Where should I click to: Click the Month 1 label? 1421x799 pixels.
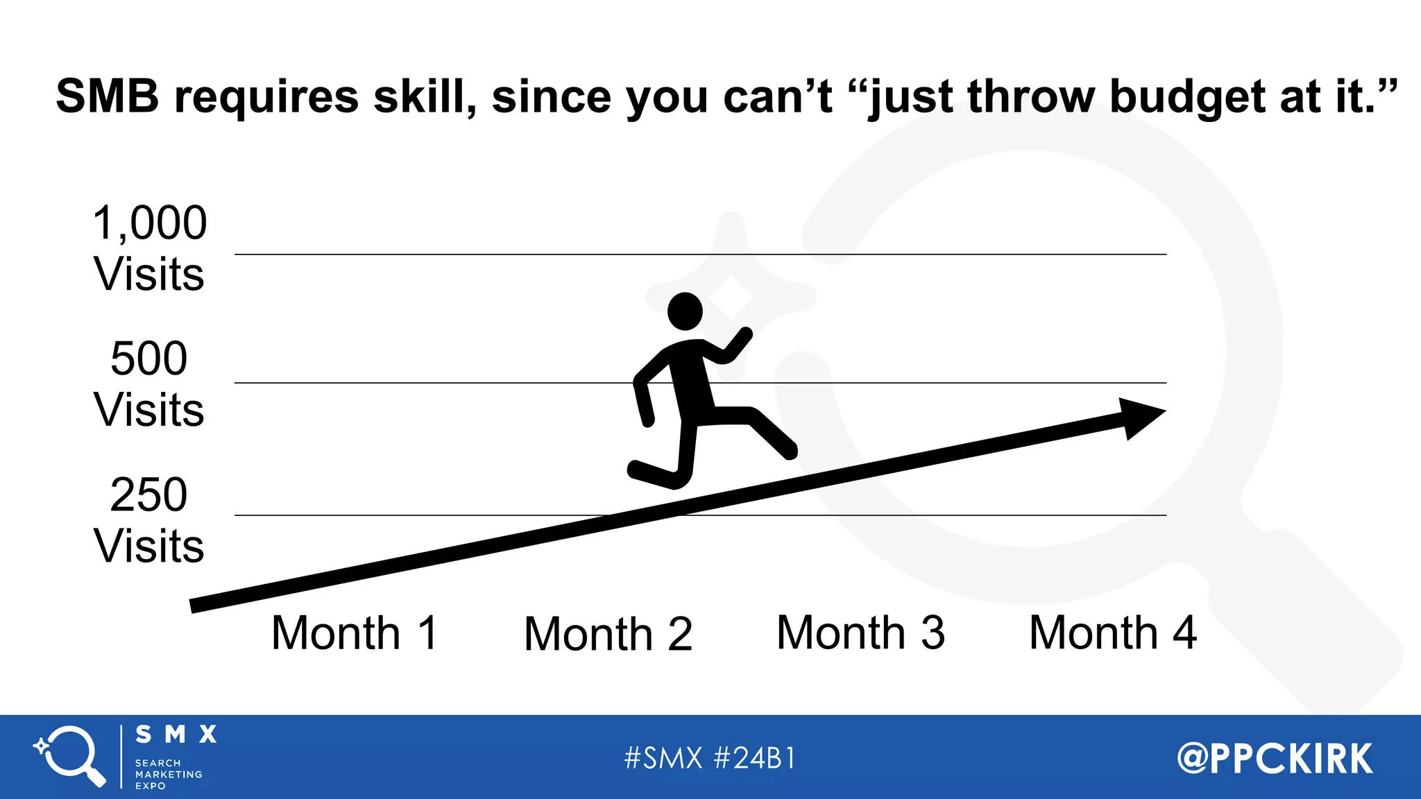pyautogui.click(x=355, y=633)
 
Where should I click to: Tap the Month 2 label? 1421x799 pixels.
pyautogui.click(x=608, y=635)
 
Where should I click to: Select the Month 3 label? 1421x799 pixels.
pyautogui.click(x=860, y=633)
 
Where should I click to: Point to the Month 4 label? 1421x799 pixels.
pyautogui.click(x=1113, y=633)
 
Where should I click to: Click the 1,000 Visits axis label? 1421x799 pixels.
pyautogui.click(x=149, y=248)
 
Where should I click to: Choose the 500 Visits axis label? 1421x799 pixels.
pyautogui.click(x=149, y=384)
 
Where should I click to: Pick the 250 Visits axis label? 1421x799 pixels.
pyautogui.click(x=149, y=520)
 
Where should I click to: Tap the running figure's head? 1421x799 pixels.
pyautogui.click(x=685, y=311)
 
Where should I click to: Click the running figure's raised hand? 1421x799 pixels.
pyautogui.click(x=741, y=338)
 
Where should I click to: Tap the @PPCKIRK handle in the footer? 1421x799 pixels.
pyautogui.click(x=1275, y=758)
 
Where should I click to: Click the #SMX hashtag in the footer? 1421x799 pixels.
pyautogui.click(x=663, y=758)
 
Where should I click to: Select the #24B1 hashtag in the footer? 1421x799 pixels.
pyautogui.click(x=754, y=758)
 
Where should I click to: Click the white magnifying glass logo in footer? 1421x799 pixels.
pyautogui.click(x=71, y=756)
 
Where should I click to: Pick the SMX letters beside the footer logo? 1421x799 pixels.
pyautogui.click(x=176, y=734)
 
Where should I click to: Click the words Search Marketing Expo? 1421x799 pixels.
pyautogui.click(x=169, y=774)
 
